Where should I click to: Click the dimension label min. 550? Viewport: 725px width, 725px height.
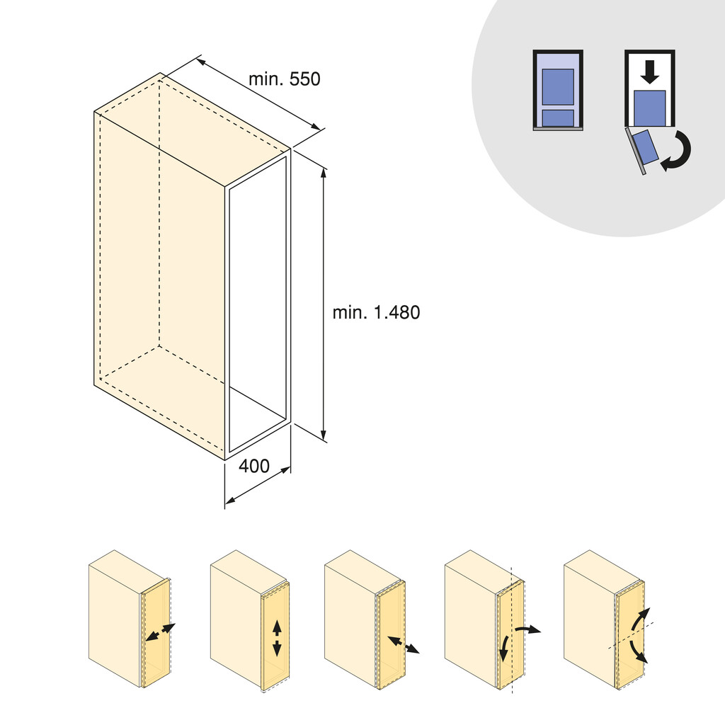(x=284, y=79)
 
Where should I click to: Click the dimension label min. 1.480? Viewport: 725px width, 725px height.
(x=376, y=312)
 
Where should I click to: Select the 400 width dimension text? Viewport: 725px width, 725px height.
(x=253, y=467)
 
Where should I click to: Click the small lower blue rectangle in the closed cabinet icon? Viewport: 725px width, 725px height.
(x=557, y=118)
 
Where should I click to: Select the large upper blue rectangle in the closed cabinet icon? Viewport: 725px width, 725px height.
(x=557, y=87)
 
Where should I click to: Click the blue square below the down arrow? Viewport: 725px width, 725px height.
(x=649, y=108)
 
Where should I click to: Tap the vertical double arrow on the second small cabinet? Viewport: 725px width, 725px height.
(x=276, y=637)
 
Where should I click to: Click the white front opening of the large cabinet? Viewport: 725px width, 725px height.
(x=257, y=304)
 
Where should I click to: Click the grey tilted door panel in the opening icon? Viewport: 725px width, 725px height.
(x=634, y=152)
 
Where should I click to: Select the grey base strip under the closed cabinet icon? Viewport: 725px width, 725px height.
(x=557, y=130)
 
